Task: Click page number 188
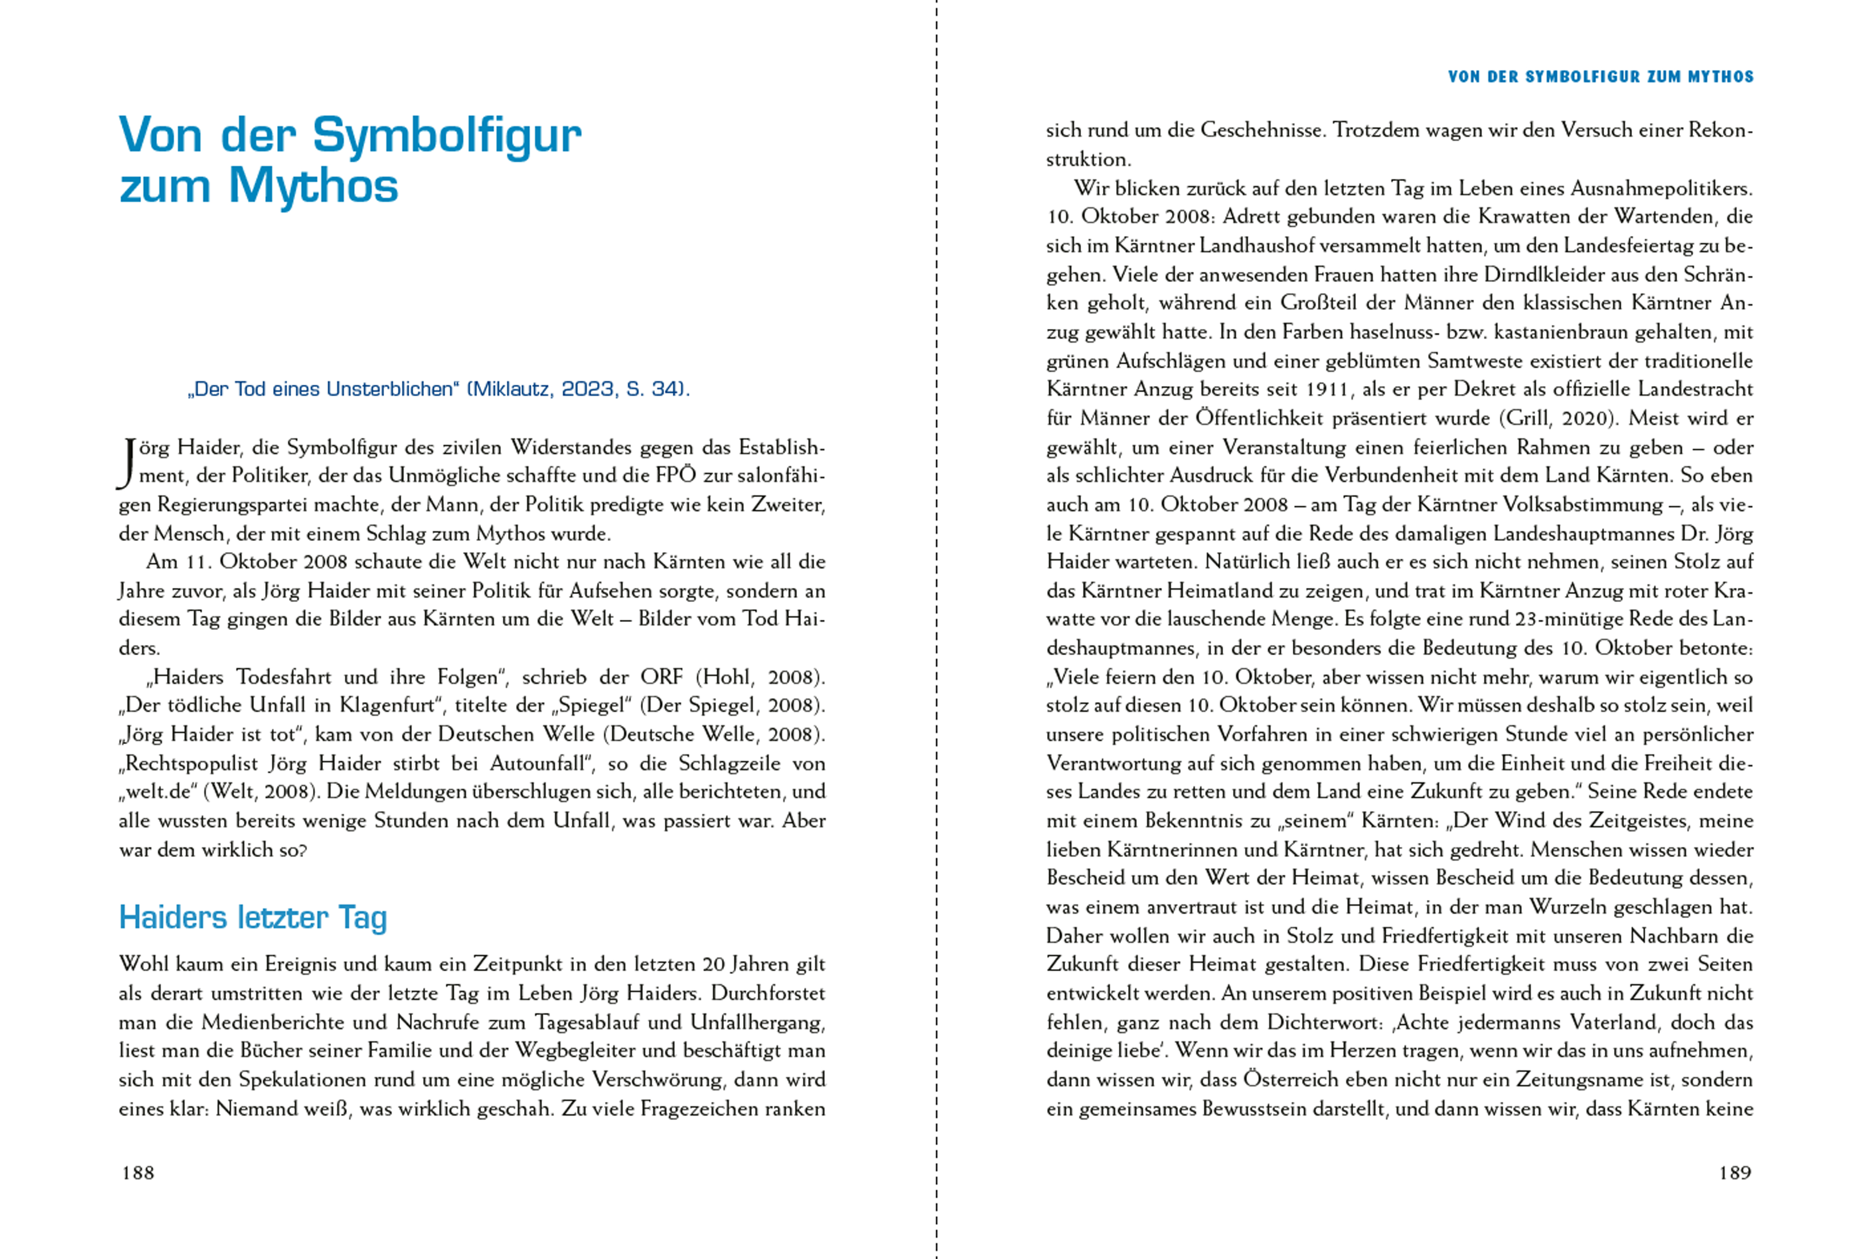click(138, 1173)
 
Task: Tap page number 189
click(1734, 1173)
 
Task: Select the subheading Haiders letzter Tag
click(253, 917)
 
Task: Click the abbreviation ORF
click(661, 677)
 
